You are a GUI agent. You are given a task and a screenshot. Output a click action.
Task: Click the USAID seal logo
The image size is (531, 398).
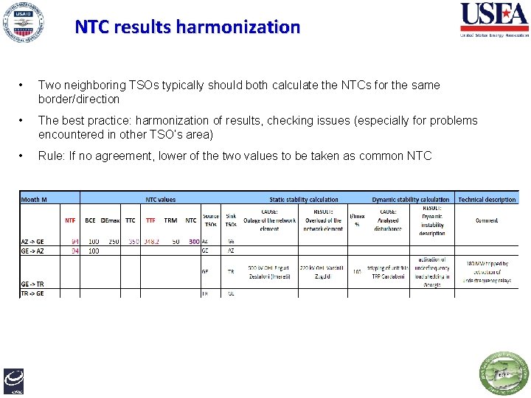[x=22, y=23]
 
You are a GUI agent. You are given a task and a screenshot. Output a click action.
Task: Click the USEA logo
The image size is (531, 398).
[x=493, y=19]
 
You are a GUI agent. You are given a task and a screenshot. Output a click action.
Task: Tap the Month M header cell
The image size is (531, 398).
[x=35, y=199]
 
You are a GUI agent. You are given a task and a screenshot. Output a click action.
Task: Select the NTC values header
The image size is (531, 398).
[x=160, y=199]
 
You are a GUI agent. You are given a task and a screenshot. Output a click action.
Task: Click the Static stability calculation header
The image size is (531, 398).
[x=304, y=199]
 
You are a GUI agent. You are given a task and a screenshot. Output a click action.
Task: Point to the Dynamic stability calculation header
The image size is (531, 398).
[x=411, y=199]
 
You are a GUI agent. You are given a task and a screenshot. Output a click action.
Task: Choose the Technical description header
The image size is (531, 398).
[x=487, y=199]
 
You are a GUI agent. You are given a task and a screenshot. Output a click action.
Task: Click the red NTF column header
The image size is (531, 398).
[x=70, y=220]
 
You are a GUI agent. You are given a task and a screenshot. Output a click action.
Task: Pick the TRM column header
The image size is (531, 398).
[x=170, y=220]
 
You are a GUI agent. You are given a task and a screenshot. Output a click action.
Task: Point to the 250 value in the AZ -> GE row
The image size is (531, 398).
[x=113, y=241]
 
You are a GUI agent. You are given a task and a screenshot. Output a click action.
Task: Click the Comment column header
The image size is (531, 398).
[x=487, y=220]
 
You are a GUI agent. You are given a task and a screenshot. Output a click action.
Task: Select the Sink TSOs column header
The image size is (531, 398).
[x=231, y=220]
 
